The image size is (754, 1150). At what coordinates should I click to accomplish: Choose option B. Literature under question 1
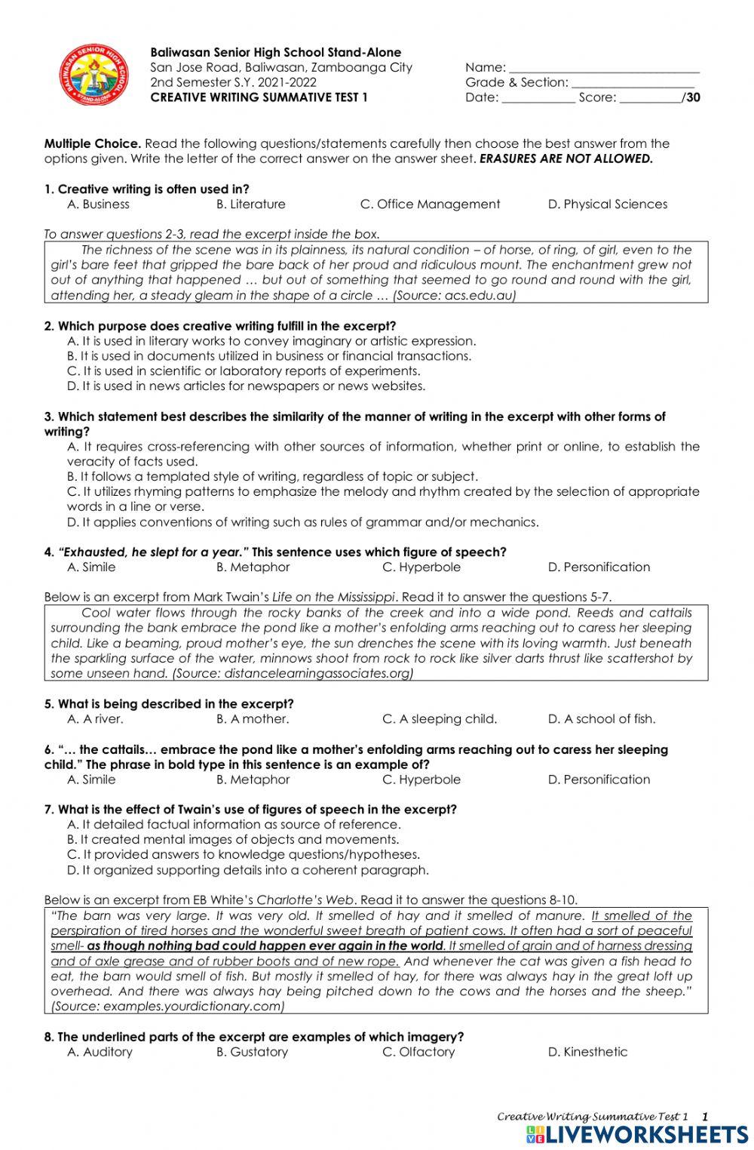250,204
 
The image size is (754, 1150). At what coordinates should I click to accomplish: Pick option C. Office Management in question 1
430,204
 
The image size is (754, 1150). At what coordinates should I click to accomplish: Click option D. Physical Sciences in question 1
607,204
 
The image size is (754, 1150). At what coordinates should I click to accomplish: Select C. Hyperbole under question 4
421,567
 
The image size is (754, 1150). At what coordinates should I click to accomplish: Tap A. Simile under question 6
91,779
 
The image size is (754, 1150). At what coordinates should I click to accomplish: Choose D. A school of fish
601,719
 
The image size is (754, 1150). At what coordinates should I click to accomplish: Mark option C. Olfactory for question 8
418,1052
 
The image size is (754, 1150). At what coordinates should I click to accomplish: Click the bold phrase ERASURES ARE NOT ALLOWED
566,159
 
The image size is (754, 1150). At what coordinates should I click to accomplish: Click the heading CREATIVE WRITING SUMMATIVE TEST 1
259,97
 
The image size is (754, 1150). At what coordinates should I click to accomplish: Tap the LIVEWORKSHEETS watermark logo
637,1134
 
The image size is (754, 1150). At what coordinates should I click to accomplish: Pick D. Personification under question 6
599,779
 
